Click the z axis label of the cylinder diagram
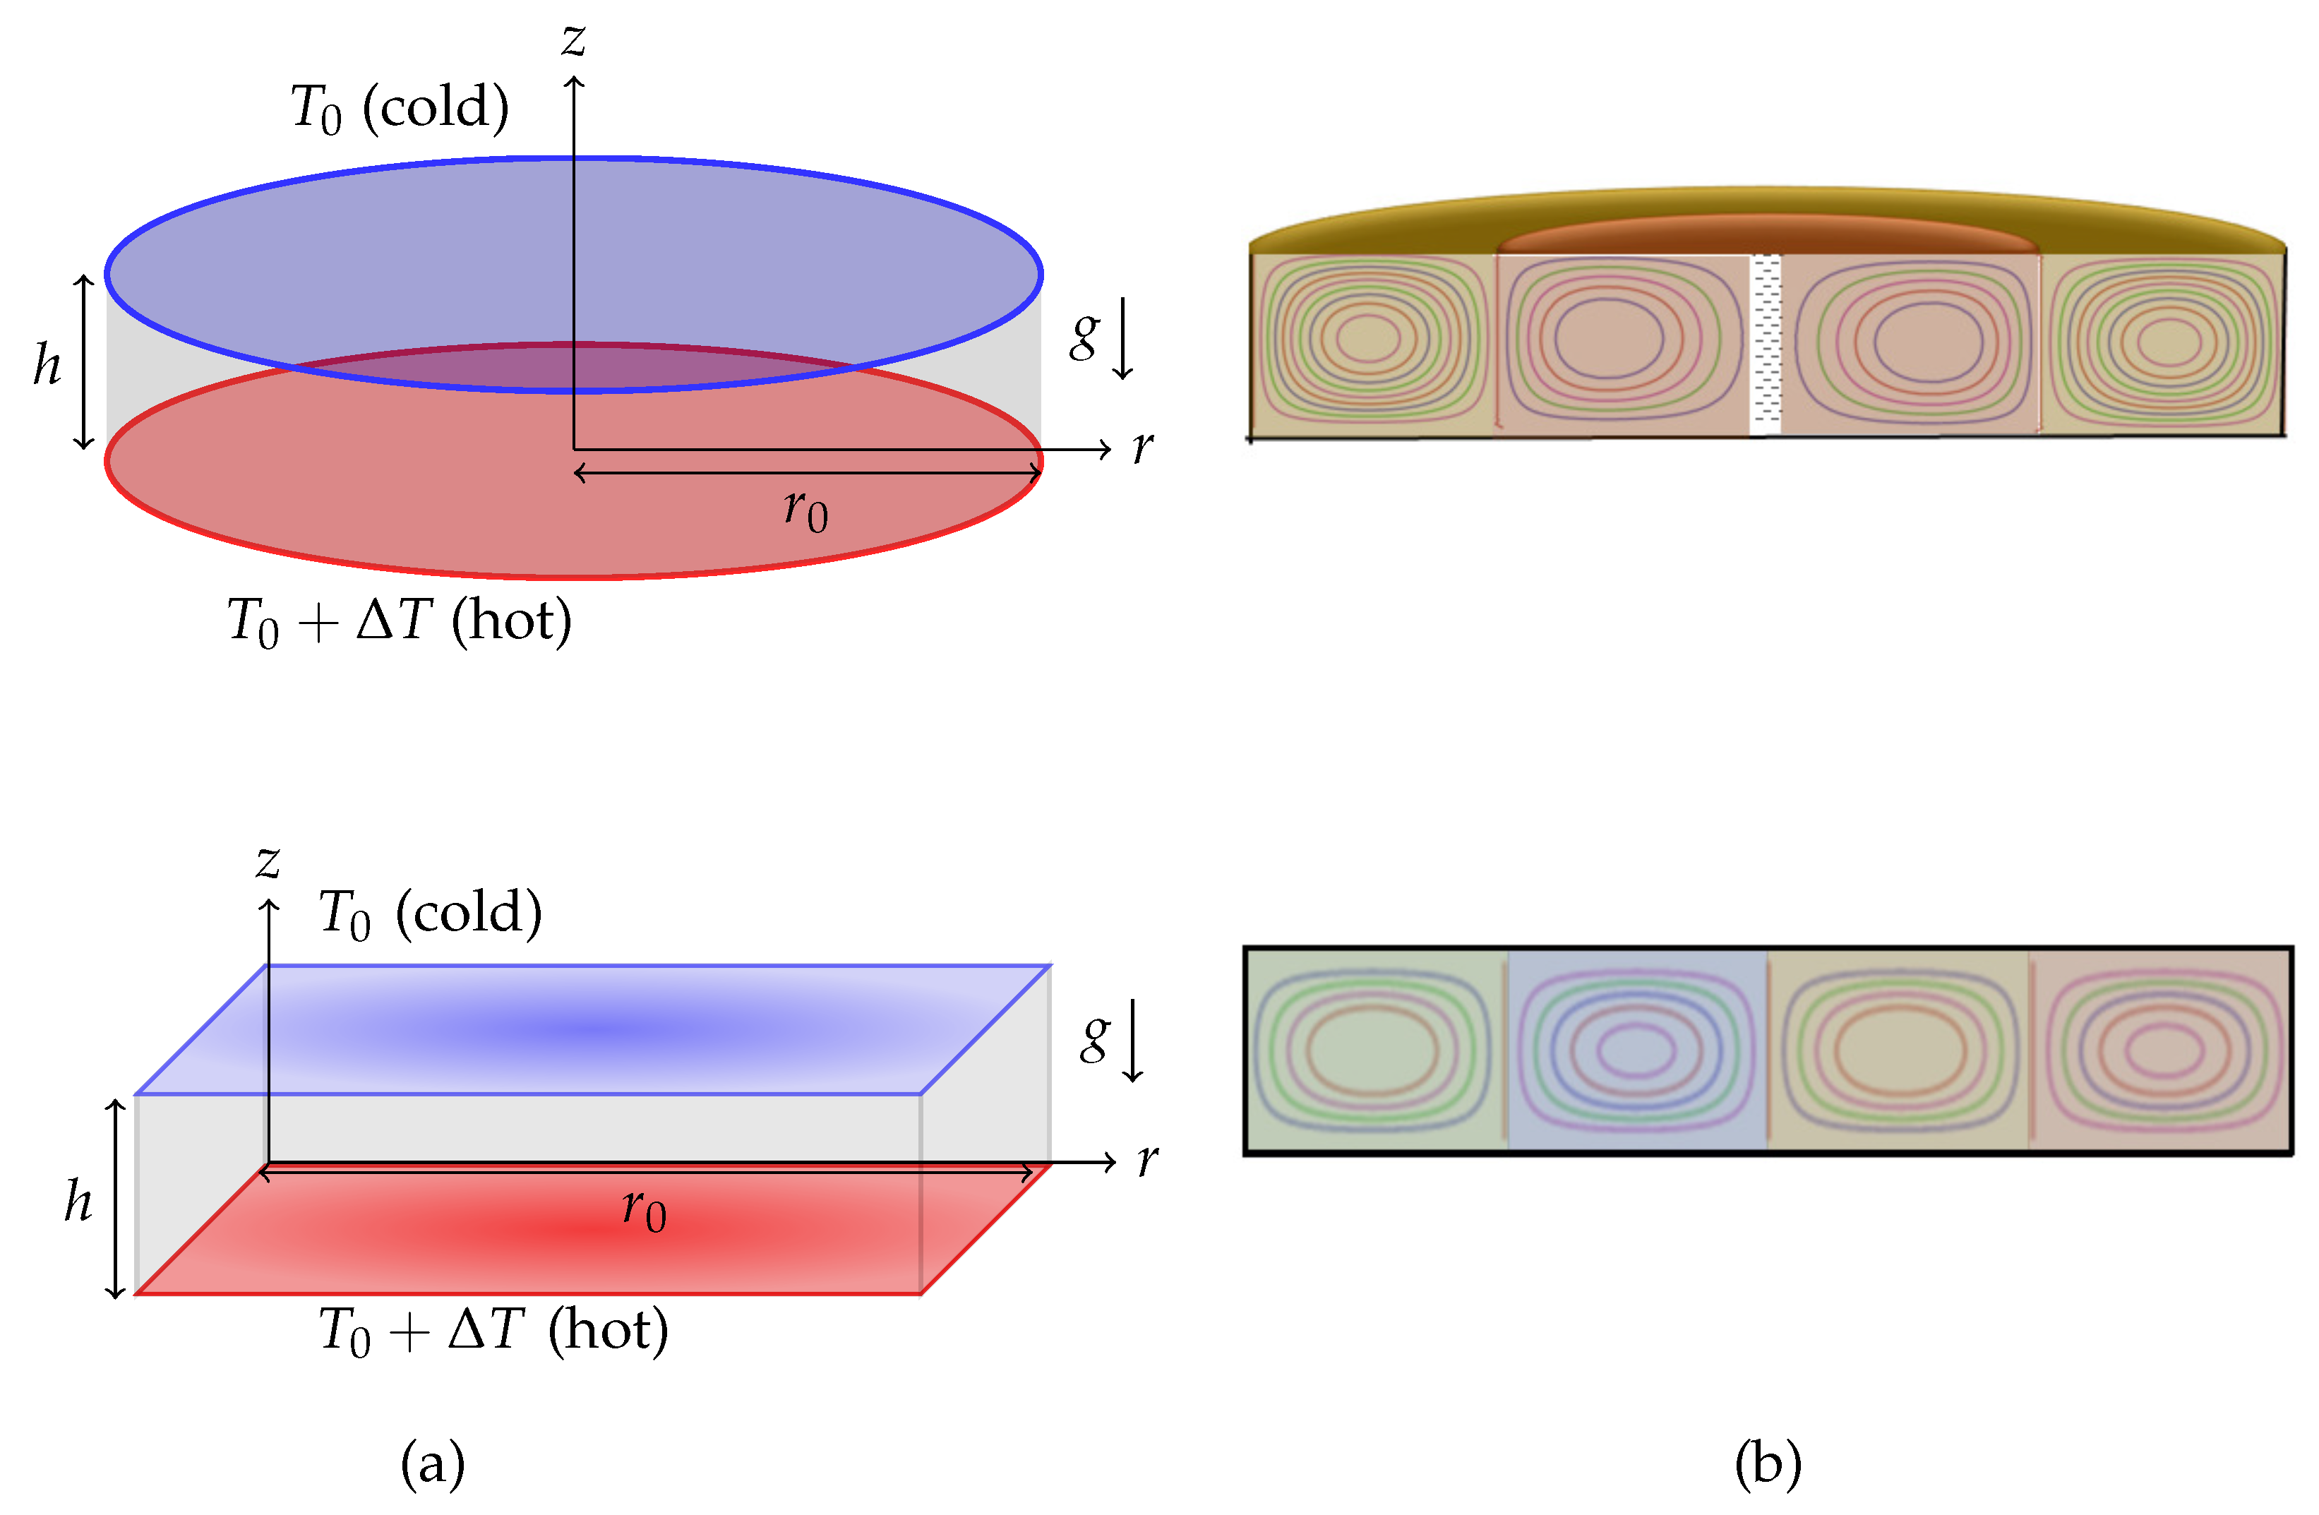tap(573, 41)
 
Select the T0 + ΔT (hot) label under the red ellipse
tap(400, 621)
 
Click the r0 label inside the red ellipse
tap(805, 508)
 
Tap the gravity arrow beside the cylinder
tap(1123, 339)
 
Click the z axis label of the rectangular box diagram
tap(268, 861)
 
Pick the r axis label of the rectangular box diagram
tap(1147, 1158)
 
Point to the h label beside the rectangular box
tap(78, 1200)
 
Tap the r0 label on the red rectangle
tap(644, 1211)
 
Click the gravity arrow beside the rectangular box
tap(1132, 1041)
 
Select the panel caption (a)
tap(433, 1463)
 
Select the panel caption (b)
tap(1768, 1463)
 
